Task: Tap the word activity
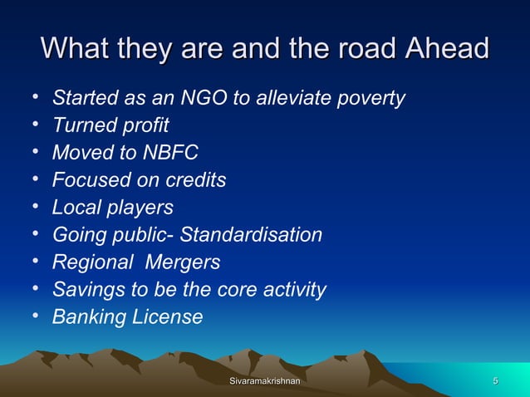(290, 290)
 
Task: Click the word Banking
(87, 316)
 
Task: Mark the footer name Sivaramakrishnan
(264, 380)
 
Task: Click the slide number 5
(495, 380)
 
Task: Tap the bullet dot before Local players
(37, 207)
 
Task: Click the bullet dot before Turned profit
(37, 125)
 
